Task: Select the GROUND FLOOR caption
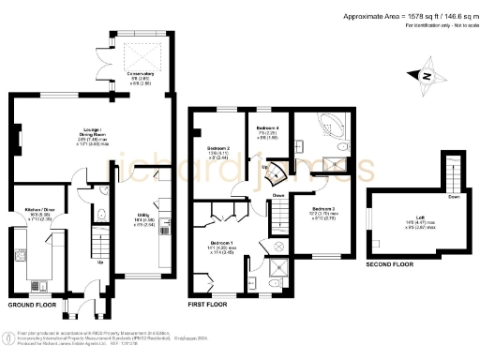click(32, 306)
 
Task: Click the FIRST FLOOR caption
click(208, 306)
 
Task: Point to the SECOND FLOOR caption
click(389, 265)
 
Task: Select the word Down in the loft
click(454, 198)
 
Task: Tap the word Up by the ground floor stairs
click(100, 262)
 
